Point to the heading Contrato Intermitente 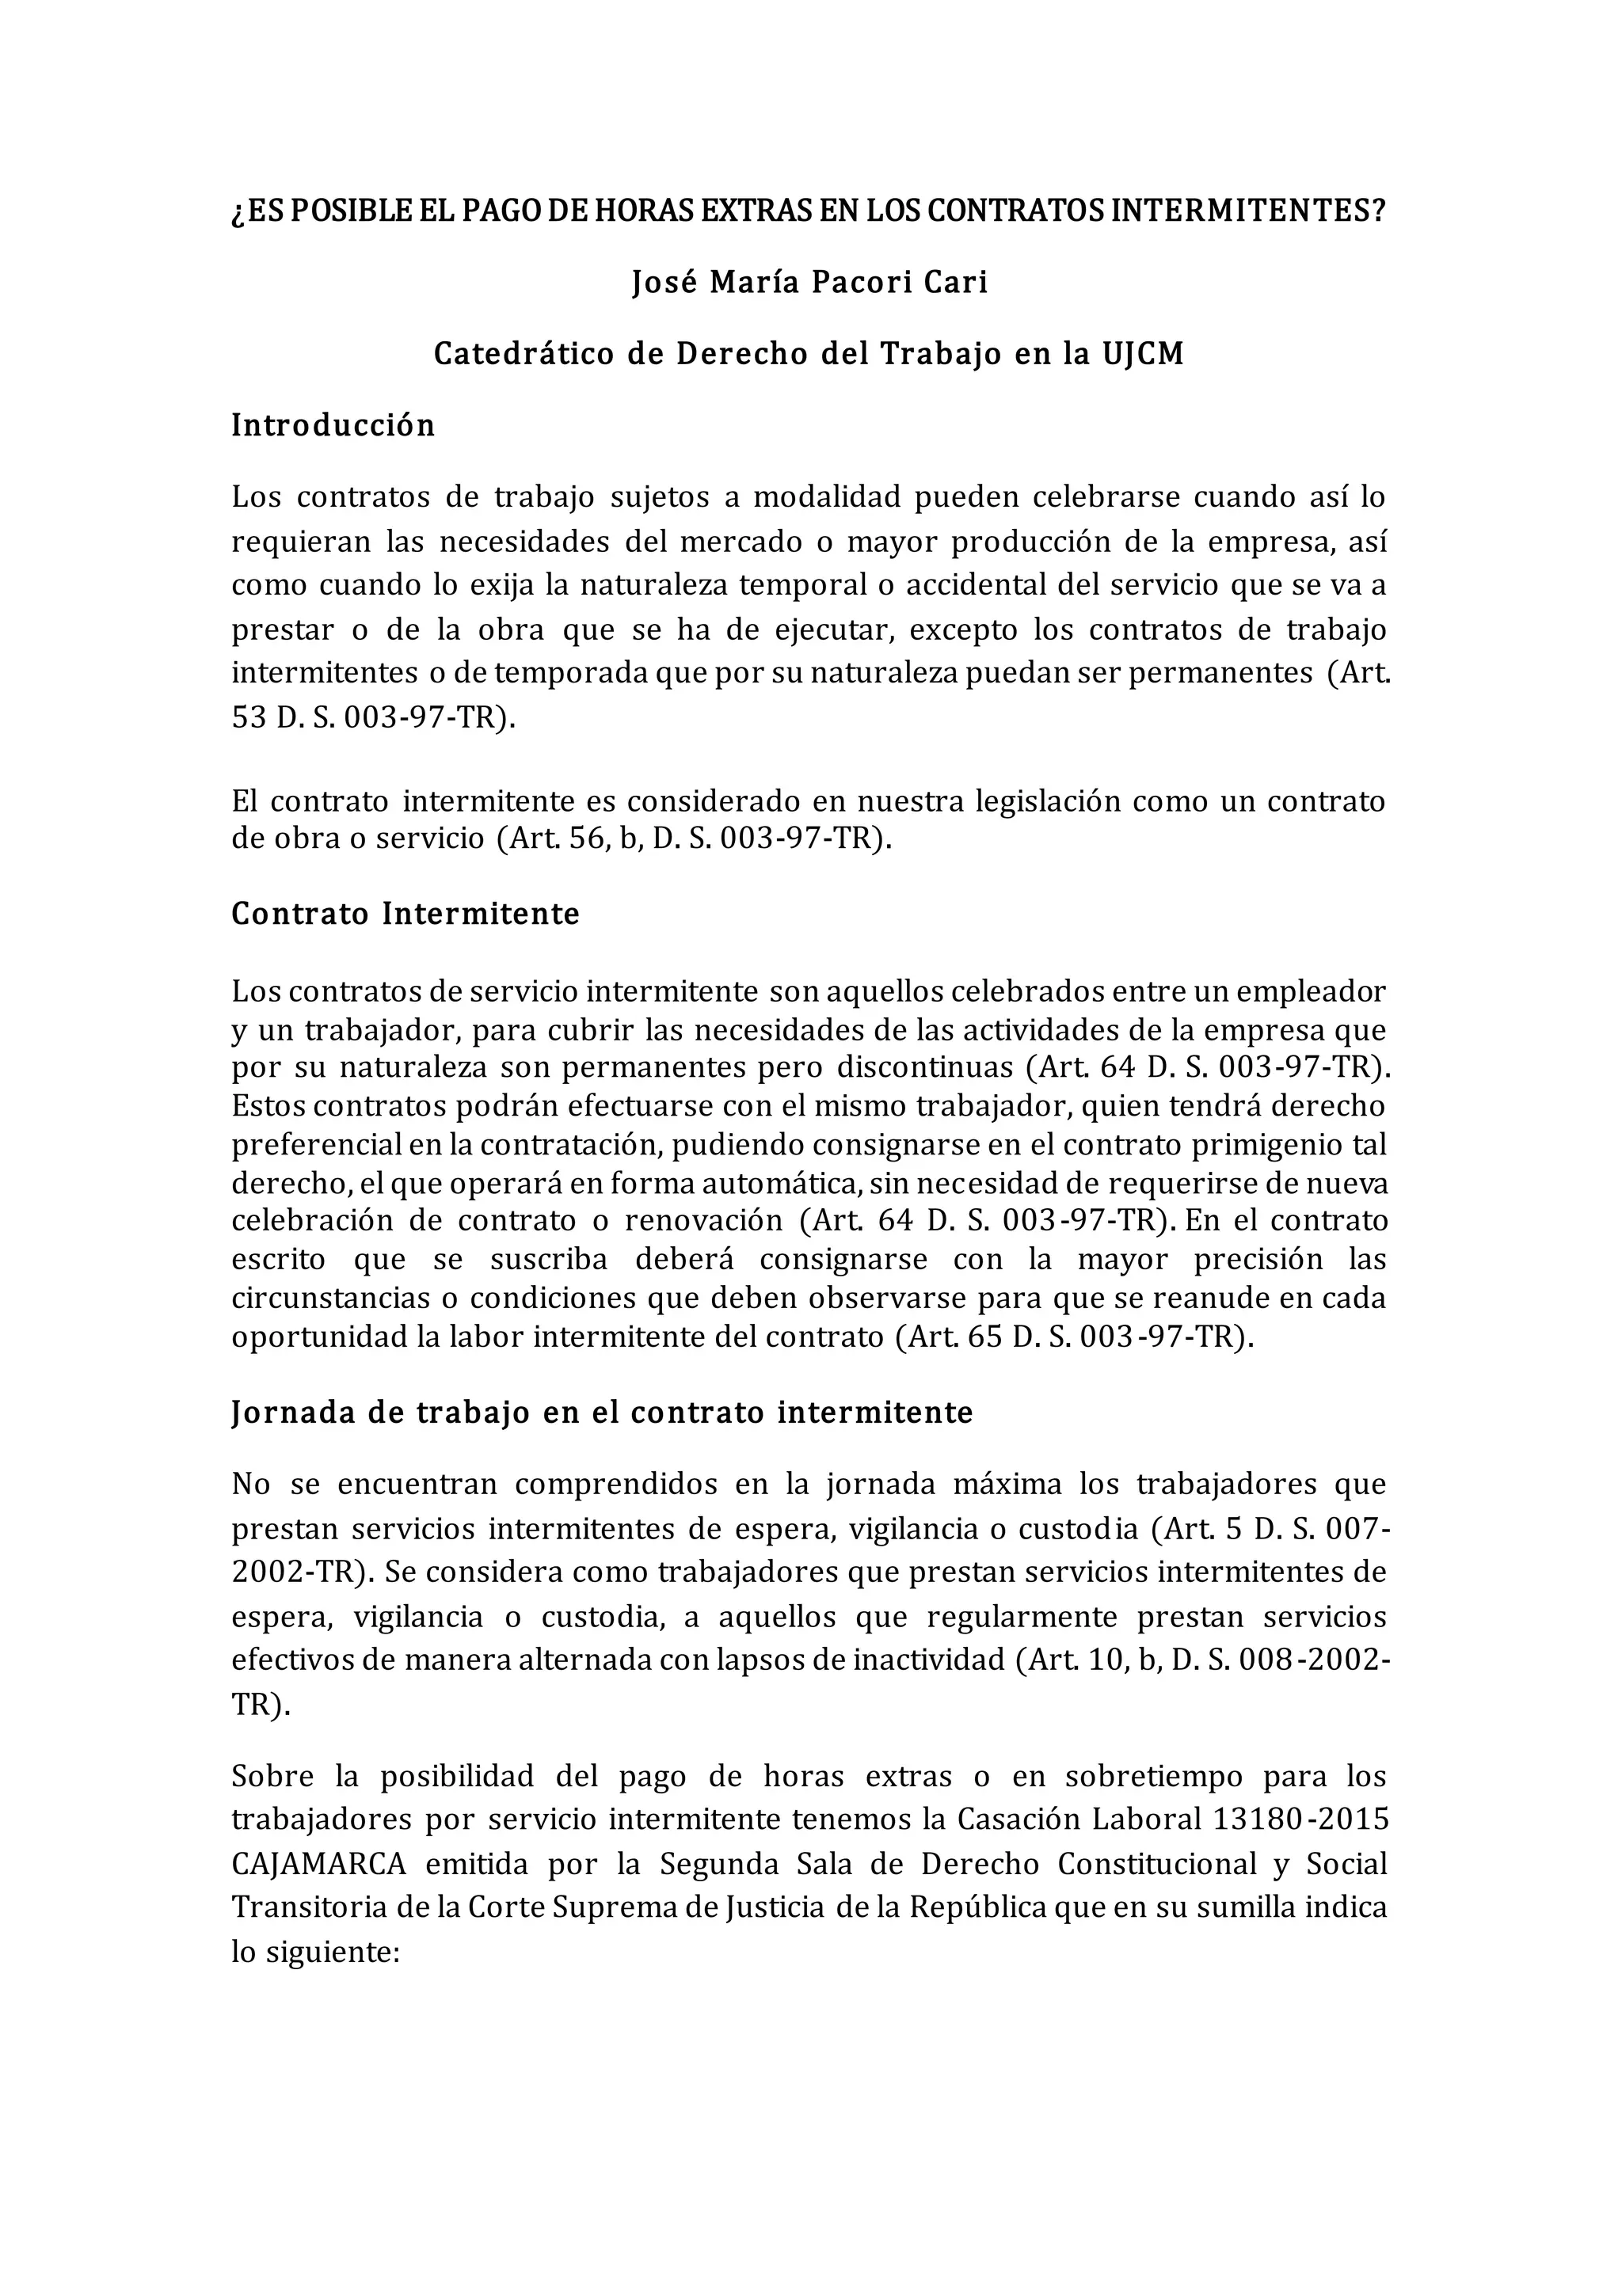pyautogui.click(x=405, y=915)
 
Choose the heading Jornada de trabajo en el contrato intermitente pyautogui.click(x=602, y=1413)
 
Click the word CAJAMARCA pyautogui.click(x=318, y=1865)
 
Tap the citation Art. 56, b pyautogui.click(x=569, y=839)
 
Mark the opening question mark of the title pyautogui.click(x=237, y=213)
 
